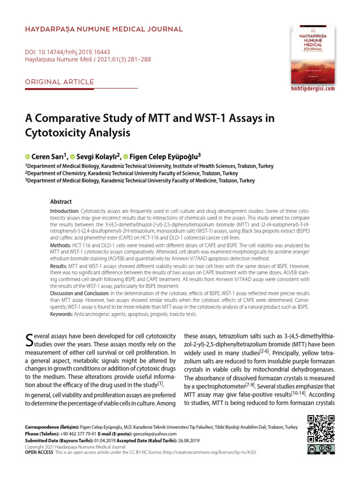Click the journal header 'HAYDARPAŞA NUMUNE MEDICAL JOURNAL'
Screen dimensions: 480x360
[104, 30]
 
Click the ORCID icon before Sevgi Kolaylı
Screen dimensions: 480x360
[73, 156]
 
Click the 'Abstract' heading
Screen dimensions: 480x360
[61, 202]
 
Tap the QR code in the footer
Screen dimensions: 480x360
[321, 429]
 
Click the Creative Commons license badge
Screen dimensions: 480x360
[321, 450]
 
